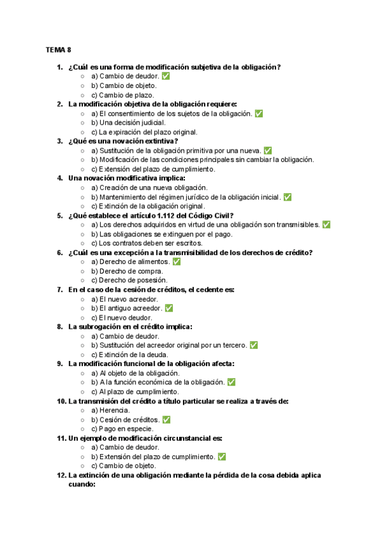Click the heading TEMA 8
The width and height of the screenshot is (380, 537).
tap(58, 49)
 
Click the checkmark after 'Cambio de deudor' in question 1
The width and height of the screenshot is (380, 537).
tap(166, 76)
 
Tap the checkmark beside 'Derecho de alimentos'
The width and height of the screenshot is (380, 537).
tap(177, 262)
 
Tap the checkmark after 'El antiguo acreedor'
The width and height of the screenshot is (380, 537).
tap(169, 308)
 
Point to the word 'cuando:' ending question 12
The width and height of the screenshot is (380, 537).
tap(82, 484)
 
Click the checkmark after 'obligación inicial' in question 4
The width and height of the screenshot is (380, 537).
tap(288, 197)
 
